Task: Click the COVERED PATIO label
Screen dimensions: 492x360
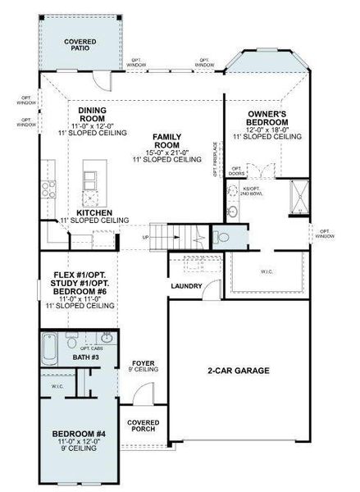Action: pos(80,44)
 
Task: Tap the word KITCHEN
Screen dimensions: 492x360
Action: pos(93,212)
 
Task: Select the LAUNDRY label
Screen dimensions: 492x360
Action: pos(186,286)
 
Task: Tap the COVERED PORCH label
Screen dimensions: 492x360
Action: pos(144,426)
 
